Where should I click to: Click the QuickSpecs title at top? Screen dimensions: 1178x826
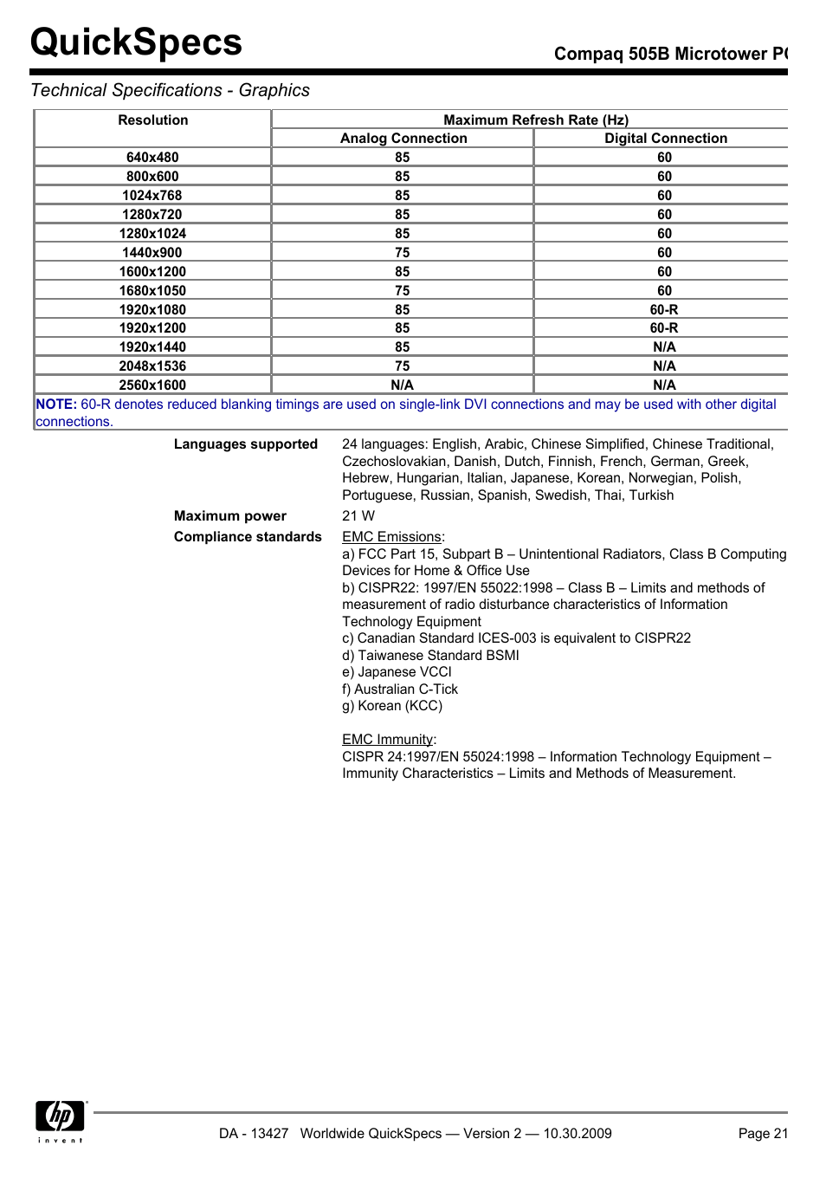(136, 42)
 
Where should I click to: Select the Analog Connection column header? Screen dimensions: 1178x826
(403, 139)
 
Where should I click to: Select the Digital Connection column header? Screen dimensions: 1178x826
(665, 139)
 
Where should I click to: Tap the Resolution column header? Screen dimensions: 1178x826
(153, 120)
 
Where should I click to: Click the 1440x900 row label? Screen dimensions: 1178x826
(152, 253)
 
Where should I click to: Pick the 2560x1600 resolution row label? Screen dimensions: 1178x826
(152, 385)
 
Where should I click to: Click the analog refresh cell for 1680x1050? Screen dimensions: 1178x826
(403, 291)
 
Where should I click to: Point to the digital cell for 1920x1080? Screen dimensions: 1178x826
(664, 310)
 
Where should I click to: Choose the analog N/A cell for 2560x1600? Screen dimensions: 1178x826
(403, 385)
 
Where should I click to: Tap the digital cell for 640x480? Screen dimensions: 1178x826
(664, 158)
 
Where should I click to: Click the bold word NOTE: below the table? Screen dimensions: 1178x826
(56, 405)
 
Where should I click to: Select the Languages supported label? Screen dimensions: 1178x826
(246, 444)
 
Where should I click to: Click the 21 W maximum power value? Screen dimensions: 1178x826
(358, 516)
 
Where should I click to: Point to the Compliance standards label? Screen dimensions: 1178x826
(248, 537)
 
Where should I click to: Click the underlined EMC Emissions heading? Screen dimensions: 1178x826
(392, 537)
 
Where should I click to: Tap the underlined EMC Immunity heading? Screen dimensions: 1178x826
(388, 740)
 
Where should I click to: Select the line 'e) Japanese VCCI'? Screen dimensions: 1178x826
(397, 672)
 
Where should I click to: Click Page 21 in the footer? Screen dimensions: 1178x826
(763, 1134)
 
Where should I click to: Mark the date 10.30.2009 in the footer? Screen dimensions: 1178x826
(578, 1134)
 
